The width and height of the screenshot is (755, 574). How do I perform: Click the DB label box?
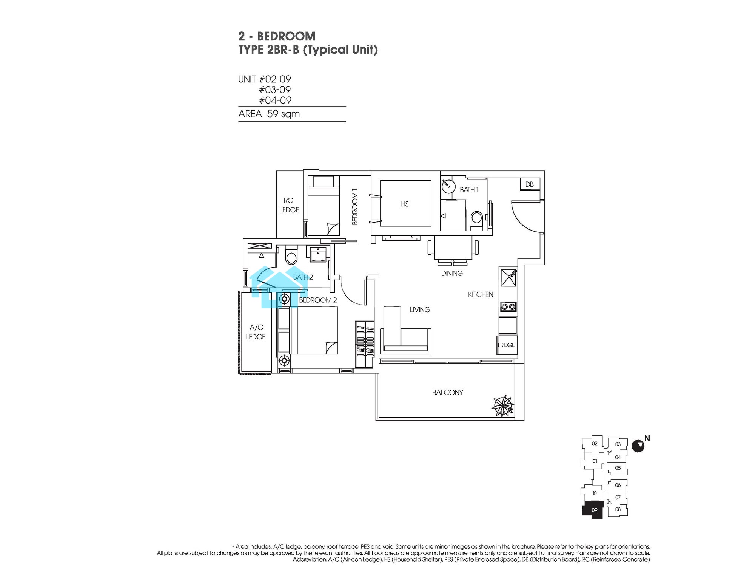(x=530, y=184)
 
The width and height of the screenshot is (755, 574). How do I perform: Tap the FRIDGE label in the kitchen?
(x=506, y=345)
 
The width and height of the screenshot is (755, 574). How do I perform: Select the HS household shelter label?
(x=405, y=204)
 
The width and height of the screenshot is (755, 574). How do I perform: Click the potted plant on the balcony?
(x=503, y=407)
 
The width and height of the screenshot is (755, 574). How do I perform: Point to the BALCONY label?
(x=448, y=393)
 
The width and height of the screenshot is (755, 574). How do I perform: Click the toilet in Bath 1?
(x=477, y=220)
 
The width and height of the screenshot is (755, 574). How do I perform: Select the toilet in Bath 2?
(x=291, y=256)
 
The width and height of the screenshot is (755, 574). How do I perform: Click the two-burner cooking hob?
(x=508, y=307)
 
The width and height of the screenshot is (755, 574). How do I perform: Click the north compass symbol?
(x=638, y=446)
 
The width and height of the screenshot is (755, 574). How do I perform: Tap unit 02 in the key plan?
(x=595, y=444)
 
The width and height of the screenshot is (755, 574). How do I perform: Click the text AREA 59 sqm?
(x=269, y=114)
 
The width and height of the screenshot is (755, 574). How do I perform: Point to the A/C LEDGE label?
(x=256, y=332)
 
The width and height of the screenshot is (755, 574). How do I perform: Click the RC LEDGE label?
(x=289, y=205)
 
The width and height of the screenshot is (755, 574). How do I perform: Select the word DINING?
(x=452, y=273)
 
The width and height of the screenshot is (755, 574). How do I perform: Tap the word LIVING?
(x=420, y=309)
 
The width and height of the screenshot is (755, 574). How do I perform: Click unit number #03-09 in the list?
(x=275, y=90)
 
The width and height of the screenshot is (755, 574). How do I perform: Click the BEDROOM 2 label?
(x=318, y=300)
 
